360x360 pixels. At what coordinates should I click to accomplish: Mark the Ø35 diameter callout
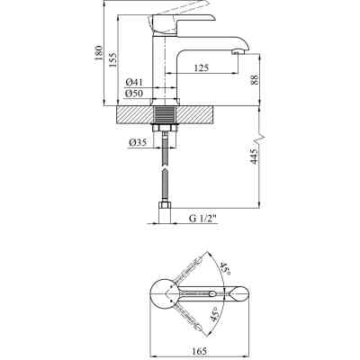(x=138, y=141)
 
